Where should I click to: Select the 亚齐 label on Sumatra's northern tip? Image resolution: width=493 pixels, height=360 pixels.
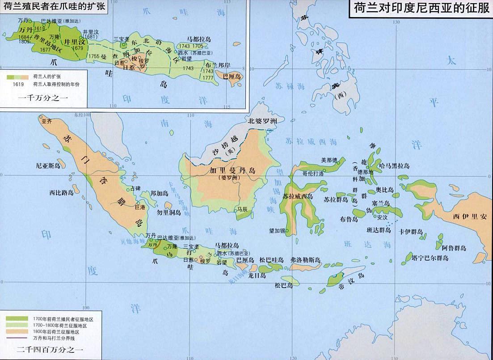tap(46, 121)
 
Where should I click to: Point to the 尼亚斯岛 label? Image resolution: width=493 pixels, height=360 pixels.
tap(48, 165)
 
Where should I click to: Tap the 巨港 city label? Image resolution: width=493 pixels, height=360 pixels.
tap(140, 207)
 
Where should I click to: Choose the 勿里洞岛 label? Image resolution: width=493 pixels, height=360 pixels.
tap(169, 212)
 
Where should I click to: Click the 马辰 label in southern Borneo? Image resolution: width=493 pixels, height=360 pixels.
tap(242, 209)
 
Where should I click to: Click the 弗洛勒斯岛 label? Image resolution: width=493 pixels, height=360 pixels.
tap(305, 259)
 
